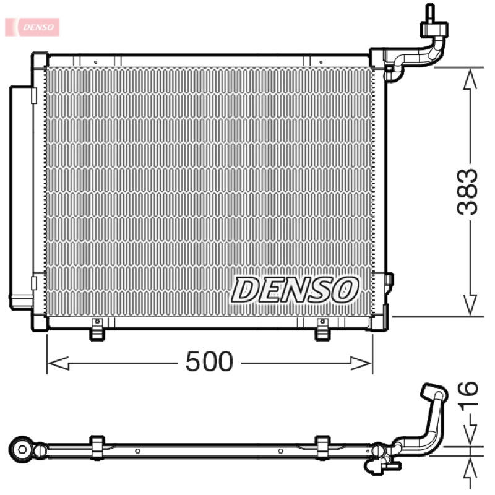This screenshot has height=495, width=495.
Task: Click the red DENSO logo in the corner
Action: [x=32, y=27]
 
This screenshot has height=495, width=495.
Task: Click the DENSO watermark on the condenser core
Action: [x=295, y=290]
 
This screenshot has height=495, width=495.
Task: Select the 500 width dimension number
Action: [x=209, y=361]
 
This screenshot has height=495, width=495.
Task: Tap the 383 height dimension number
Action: [x=468, y=192]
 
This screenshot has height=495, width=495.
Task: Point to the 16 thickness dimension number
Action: [x=468, y=396]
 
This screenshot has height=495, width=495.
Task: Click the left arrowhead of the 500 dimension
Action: [x=58, y=363]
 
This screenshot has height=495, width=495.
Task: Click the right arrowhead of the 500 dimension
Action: [x=361, y=363]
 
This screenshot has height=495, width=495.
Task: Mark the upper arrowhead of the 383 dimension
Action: [x=470, y=79]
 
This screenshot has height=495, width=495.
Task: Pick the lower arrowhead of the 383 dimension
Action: [x=470, y=305]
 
